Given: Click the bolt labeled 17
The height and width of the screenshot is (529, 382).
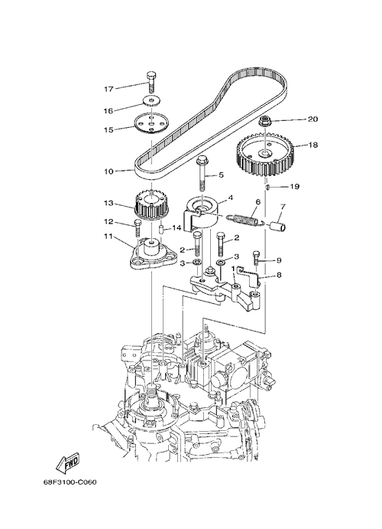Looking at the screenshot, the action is click(x=151, y=83).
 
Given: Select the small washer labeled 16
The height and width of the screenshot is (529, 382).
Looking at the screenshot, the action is click(x=152, y=100).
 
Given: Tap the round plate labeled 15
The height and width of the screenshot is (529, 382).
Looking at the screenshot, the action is click(x=151, y=124).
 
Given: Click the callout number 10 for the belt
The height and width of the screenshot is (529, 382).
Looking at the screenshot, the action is click(x=108, y=171).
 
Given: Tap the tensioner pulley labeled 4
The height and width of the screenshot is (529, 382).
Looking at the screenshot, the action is click(x=202, y=216).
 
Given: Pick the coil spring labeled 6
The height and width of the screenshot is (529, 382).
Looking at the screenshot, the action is click(x=246, y=219).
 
